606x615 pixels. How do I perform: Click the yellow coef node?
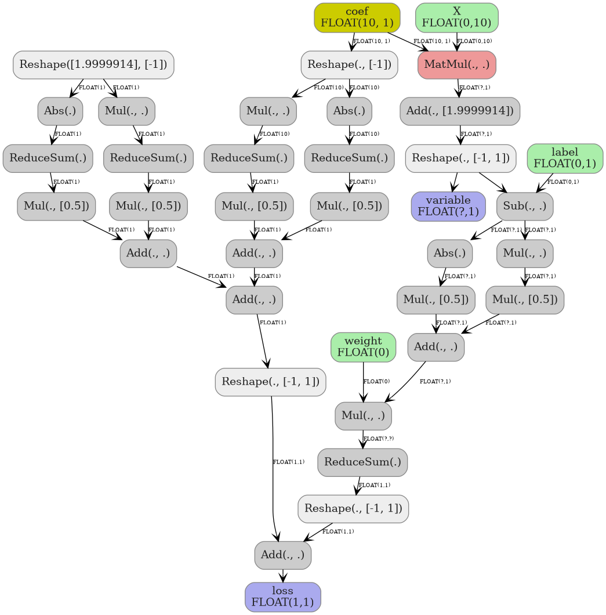357,18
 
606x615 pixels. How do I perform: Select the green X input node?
456,18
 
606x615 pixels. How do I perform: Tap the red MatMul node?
456,64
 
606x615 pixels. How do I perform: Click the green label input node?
565,158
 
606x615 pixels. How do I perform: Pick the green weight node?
363,347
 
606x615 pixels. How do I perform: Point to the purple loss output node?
282,597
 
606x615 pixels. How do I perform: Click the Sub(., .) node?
525,206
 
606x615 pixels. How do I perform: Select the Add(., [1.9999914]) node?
460,111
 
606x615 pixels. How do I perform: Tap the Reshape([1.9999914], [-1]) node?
93,64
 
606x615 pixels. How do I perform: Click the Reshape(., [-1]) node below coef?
350,64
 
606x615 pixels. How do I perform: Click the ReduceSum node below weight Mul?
362,462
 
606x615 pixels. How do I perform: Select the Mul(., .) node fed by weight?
363,415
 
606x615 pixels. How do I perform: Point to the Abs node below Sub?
449,253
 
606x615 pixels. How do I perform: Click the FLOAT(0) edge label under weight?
376,381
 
